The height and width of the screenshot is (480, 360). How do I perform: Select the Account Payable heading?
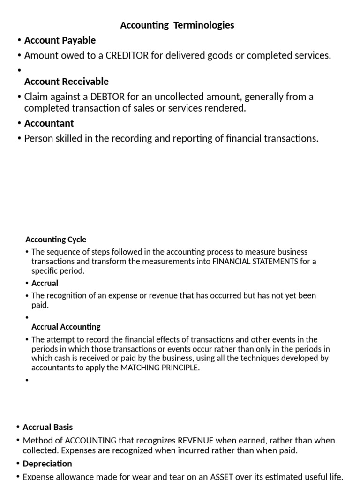tap(60, 40)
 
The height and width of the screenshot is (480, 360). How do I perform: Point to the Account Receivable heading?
tap(67, 82)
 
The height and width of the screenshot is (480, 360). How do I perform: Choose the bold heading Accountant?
tap(49, 123)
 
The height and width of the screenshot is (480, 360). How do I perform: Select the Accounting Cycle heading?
tap(56, 240)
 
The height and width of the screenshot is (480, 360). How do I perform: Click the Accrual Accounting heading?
tap(66, 327)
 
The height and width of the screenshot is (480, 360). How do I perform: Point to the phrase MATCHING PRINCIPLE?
tap(160, 367)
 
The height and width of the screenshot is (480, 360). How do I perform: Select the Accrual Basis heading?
tap(48, 427)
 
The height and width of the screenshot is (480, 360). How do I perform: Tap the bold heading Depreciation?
tap(47, 464)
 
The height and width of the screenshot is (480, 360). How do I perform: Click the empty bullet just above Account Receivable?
tap(20, 71)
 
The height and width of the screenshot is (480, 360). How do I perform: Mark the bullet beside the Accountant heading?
tap(19, 124)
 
